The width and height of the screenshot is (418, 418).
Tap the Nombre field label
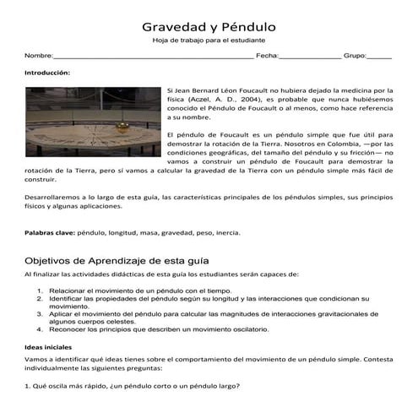38,56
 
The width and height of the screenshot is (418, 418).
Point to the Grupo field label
354,56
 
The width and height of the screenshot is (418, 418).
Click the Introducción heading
47,73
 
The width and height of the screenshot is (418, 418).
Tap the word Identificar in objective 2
69,299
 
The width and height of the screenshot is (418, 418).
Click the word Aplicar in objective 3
62,312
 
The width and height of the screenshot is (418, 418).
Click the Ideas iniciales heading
48,346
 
